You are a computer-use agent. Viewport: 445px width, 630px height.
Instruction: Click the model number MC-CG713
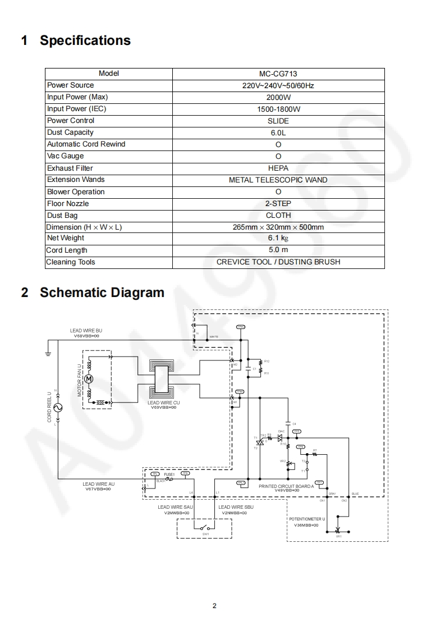click(x=278, y=74)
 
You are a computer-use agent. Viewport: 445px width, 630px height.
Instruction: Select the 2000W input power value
click(x=278, y=97)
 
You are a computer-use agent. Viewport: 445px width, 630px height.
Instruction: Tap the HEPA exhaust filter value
click(x=278, y=168)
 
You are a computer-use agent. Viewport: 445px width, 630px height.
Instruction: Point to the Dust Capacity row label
click(x=70, y=133)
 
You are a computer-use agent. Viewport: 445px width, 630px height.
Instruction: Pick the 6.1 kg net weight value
click(x=278, y=238)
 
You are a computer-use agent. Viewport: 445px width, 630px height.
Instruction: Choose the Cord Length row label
click(x=67, y=250)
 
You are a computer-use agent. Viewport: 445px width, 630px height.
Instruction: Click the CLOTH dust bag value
click(x=278, y=215)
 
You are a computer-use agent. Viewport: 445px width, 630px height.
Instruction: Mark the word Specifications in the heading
click(x=85, y=40)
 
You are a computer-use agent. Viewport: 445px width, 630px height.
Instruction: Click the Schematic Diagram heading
click(x=102, y=293)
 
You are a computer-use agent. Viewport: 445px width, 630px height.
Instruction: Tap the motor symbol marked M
click(x=89, y=379)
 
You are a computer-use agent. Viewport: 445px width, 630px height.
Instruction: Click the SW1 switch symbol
click(x=204, y=528)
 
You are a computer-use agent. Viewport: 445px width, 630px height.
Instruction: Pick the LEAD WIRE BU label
click(x=86, y=331)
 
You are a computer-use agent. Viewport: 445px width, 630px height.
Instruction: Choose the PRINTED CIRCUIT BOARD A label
click(x=286, y=486)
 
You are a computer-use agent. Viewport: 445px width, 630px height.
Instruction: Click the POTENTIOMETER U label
click(x=307, y=519)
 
